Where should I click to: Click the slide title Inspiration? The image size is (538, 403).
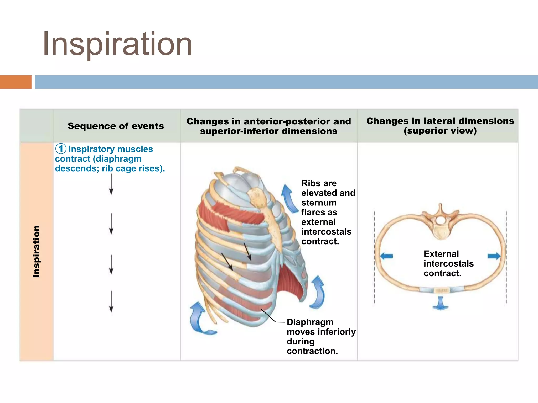click(117, 44)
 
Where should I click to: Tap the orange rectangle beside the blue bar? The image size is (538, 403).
click(15, 82)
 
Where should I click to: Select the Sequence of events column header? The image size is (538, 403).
click(116, 126)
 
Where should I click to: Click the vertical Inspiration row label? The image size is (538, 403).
click(36, 251)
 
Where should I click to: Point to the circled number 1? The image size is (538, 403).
click(61, 149)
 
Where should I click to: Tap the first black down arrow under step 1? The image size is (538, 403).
click(111, 184)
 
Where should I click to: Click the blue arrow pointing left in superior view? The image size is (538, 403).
click(386, 256)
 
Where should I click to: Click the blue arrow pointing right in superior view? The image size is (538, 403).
click(494, 256)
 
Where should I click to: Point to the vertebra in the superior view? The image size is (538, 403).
click(441, 223)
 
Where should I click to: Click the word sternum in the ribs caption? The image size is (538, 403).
click(319, 203)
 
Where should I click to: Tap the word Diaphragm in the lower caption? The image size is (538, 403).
click(310, 322)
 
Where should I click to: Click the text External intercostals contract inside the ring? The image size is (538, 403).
click(448, 263)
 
